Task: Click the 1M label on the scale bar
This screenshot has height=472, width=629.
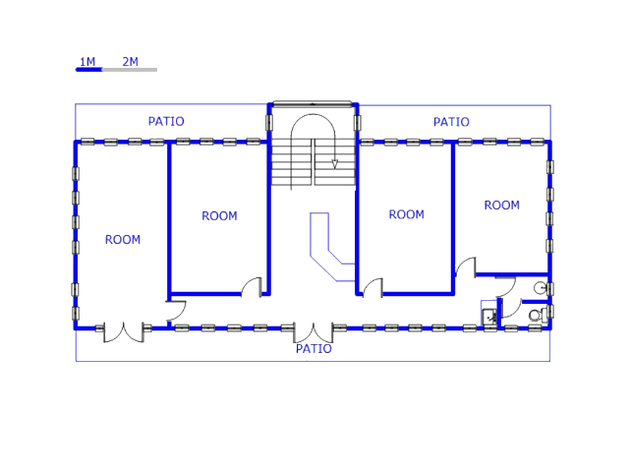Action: pos(87,62)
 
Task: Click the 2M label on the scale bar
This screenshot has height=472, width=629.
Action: pos(130,62)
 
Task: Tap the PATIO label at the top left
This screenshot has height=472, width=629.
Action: pos(166,122)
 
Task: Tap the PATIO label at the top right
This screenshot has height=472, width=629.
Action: pos(451,122)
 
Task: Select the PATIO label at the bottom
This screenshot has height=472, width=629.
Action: pos(314,349)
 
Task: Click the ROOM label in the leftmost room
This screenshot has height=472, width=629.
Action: pos(123,239)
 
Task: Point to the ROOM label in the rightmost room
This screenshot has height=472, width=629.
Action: pos(501,206)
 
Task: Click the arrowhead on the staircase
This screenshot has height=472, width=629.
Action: pos(335,164)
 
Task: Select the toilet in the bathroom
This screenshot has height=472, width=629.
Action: pos(536,315)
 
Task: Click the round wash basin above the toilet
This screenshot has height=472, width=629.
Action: pos(540,287)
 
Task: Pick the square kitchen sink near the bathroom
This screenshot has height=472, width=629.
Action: pos(488,317)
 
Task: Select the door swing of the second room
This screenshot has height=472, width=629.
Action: pos(253,286)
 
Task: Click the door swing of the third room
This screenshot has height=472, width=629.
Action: pos(372,287)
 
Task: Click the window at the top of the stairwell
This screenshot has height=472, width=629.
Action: pos(312,102)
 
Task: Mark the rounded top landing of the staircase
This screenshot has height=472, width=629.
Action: pos(313,127)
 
